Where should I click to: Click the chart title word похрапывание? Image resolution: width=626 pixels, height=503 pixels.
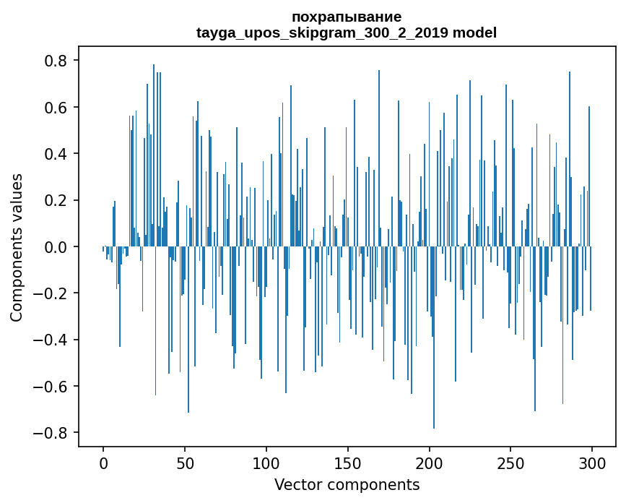[347, 17]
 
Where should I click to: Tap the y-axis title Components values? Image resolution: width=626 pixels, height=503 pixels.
[17, 247]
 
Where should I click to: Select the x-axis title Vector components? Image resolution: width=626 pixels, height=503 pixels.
[347, 484]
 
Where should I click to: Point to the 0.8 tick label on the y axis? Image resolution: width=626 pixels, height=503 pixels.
[57, 61]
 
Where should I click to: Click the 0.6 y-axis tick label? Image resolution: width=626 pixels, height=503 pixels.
[57, 108]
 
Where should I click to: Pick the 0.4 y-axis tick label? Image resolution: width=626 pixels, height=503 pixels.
[57, 154]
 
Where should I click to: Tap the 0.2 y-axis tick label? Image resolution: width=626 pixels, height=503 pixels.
[57, 200]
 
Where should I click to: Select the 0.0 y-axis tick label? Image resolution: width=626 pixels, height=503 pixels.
[57, 247]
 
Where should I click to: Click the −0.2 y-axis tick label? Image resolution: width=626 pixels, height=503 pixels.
[52, 293]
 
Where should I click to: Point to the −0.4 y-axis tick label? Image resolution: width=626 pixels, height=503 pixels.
[52, 340]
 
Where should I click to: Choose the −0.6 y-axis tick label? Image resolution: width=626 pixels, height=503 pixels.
[52, 387]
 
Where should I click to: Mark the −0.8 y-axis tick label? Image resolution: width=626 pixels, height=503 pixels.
[52, 433]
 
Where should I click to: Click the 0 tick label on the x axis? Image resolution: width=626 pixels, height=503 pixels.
[103, 463]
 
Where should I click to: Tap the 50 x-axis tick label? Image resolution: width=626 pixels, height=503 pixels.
[185, 463]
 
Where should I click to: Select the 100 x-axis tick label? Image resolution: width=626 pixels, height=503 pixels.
[266, 463]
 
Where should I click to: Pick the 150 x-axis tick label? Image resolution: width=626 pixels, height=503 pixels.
[347, 463]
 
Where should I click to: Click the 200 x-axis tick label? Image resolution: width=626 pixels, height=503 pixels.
[429, 463]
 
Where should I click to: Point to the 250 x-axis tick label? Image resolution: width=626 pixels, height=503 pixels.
[510, 463]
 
